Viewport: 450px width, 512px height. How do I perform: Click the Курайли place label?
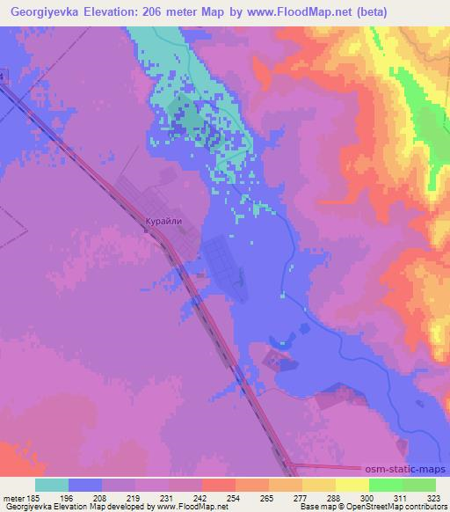coord(163,223)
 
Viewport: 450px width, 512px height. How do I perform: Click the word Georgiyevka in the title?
coord(47,11)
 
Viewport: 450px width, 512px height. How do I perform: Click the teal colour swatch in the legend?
coord(52,485)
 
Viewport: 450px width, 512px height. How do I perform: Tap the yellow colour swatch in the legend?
coord(352,485)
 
